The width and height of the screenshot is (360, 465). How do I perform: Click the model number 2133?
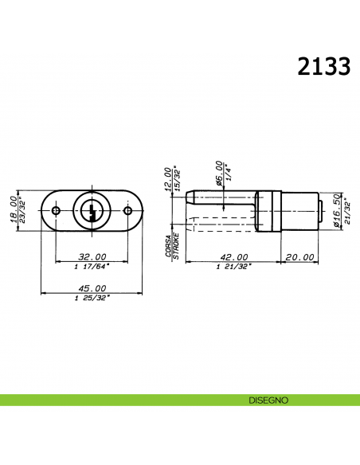point(323,67)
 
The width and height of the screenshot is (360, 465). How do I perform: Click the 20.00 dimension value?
point(299,256)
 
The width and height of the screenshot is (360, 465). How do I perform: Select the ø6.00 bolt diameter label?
point(218,174)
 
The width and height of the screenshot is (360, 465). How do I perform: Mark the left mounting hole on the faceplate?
point(56,211)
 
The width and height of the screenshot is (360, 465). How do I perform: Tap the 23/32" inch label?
point(22,211)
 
